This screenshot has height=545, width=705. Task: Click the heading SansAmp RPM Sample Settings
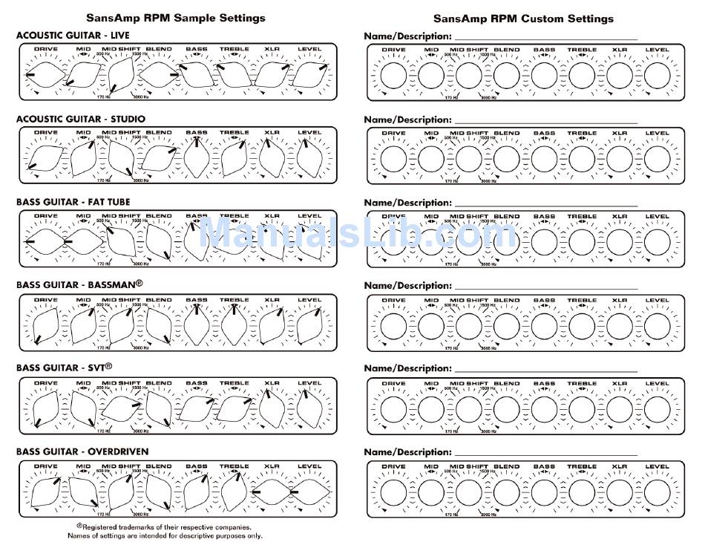pos(175,18)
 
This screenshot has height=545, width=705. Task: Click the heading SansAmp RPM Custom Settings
pos(523,18)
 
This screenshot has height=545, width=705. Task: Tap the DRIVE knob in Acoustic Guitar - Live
pos(46,75)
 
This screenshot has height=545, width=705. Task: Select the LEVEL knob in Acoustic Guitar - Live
pos(309,75)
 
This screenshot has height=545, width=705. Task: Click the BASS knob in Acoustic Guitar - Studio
pos(197,158)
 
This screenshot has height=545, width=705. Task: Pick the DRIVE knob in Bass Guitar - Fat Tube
pos(46,241)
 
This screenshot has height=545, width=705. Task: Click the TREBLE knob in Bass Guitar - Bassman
pos(235,324)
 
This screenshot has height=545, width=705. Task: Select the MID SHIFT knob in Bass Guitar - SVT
pos(121,408)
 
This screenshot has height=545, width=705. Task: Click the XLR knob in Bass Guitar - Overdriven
pos(272,492)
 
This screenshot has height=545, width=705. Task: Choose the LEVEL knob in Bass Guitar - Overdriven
pos(309,492)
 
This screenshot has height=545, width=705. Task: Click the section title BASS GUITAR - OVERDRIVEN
pos(82,451)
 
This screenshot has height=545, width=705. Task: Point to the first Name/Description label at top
pos(407,36)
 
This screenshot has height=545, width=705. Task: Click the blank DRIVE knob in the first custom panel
pos(393,75)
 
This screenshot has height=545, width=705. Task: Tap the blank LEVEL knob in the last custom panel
pos(657,492)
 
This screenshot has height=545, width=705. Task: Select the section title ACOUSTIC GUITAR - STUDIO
pos(81,119)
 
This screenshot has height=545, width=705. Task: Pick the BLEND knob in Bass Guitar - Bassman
pos(159,324)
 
